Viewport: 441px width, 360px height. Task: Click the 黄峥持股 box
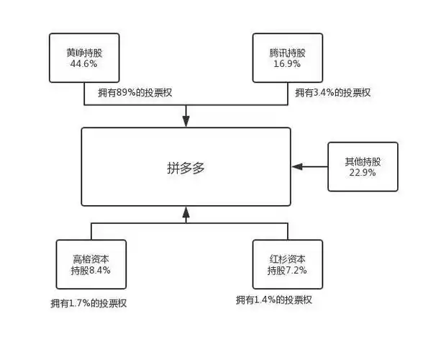point(81,57)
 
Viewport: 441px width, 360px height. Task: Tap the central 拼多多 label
point(186,168)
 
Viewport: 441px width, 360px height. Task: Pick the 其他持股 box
point(363,167)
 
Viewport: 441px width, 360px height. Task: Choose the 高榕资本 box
point(91,264)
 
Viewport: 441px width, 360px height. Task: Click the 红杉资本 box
point(287,264)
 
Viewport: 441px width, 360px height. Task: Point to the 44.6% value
point(81,64)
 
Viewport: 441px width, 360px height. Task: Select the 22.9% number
point(363,174)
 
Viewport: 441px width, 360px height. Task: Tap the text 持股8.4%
point(91,271)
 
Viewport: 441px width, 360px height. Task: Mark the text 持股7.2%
point(287,271)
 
